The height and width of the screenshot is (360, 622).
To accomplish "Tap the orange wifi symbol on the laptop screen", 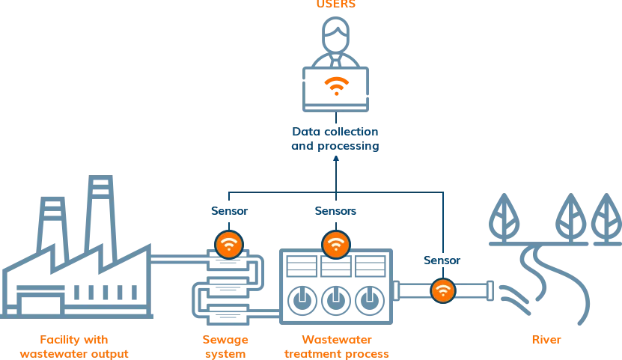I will tap(336, 85).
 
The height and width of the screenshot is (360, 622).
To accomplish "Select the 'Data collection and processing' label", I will tap(335, 139).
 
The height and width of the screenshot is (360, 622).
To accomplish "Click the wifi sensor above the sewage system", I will tap(229, 244).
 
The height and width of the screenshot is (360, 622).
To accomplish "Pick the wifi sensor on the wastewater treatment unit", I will tap(336, 244).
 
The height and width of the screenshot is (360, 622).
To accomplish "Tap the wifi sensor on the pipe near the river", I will tap(443, 290).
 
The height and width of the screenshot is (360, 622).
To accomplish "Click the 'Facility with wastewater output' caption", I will tap(75, 347).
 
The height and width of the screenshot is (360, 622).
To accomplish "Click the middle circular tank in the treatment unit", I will tap(335, 299).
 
